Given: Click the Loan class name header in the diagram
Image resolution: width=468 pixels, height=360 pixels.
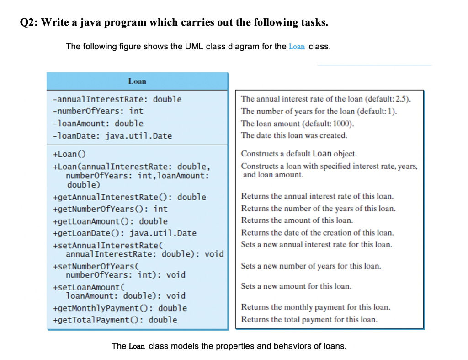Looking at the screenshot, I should point(137,81).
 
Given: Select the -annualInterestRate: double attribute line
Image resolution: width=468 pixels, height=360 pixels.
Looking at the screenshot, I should point(117,99).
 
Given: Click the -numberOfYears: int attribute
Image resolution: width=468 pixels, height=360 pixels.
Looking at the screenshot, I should point(98,111).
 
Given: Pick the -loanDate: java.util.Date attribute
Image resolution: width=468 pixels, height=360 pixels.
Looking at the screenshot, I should point(112,135).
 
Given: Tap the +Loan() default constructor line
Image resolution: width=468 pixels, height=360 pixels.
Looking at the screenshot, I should point(70,154).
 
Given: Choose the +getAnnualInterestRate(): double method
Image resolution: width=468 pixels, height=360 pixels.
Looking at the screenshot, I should point(130,197).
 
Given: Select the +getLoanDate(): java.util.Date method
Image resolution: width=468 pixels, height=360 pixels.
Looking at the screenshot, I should point(125,233).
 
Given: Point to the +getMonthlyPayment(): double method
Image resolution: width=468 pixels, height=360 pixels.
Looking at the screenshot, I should point(120,308).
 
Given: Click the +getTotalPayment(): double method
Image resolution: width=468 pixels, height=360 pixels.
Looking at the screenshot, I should point(115,320).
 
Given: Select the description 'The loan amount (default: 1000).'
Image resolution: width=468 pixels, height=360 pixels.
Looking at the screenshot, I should point(298,124).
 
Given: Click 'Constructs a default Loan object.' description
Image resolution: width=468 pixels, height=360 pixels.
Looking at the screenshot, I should point(299,154).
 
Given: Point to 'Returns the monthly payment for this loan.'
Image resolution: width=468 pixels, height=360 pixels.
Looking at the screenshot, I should point(315,307).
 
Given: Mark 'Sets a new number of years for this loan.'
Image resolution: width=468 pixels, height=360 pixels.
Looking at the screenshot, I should point(311,266).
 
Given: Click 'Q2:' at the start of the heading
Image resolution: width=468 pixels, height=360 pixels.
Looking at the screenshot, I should point(29,23).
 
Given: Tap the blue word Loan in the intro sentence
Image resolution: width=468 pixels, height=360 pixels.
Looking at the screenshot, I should point(297,47).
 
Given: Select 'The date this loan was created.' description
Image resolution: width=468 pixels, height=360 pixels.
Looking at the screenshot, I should point(294,135).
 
